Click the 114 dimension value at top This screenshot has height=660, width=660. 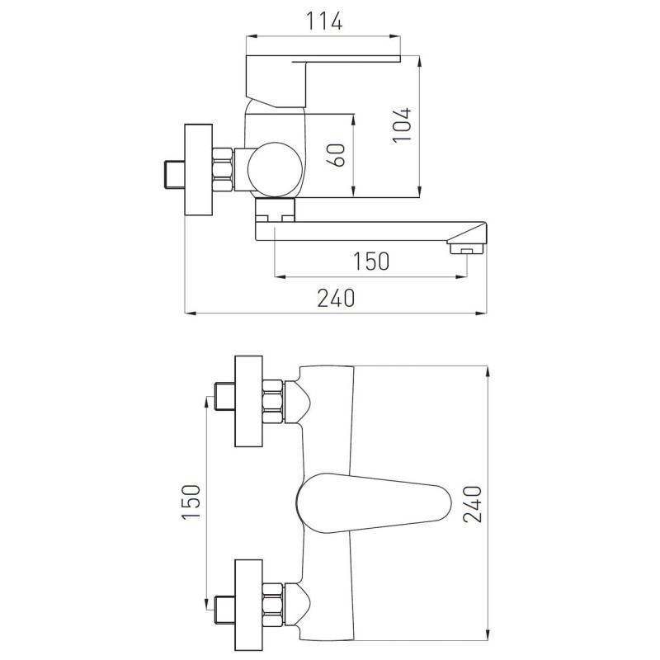point(323,21)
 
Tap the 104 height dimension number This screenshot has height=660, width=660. point(403,125)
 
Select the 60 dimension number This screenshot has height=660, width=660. point(337,155)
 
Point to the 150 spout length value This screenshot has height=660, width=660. point(370,261)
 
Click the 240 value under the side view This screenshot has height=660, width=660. point(336,298)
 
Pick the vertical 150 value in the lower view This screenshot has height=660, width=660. point(191,502)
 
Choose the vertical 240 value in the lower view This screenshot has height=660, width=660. point(472,504)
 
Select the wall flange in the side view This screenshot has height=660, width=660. point(199,170)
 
